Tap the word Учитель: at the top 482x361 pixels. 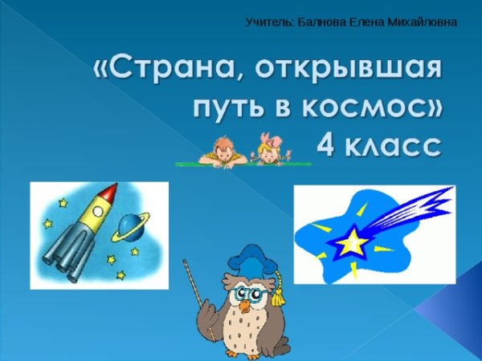(x=269, y=22)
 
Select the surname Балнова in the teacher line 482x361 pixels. (x=321, y=22)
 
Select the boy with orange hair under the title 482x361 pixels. (x=222, y=148)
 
